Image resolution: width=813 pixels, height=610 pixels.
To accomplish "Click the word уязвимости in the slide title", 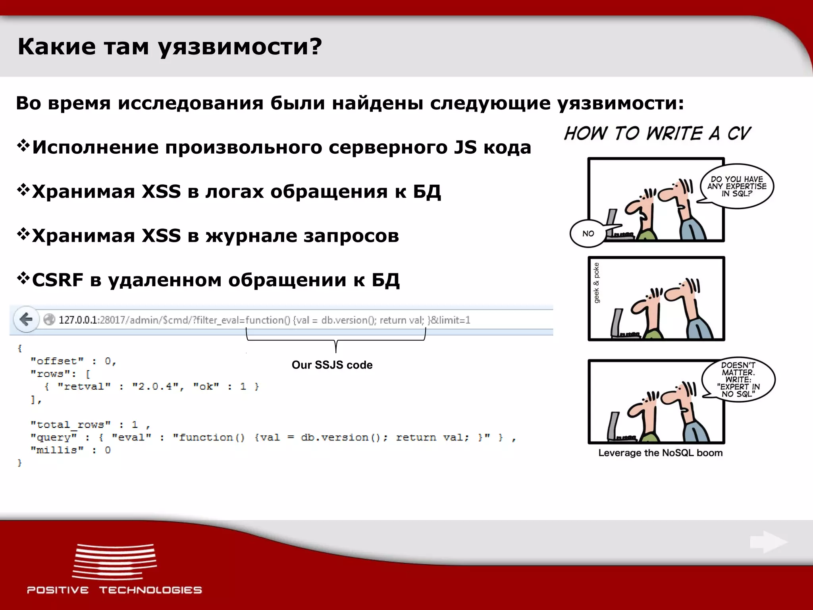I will pos(240,47).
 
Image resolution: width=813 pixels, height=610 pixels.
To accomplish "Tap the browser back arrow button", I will pos(26,319).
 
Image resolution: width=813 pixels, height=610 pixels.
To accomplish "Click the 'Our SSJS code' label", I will pos(332,365).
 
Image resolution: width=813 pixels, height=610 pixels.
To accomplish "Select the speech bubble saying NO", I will pos(588,234).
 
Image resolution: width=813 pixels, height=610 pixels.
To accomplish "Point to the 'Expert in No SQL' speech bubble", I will pos(738,379).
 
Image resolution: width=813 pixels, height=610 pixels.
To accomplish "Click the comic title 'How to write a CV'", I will pos(657,133).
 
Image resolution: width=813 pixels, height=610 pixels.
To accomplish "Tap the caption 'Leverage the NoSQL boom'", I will pos(660,453).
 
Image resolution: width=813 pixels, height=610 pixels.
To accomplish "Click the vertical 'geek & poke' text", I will pos(596,283).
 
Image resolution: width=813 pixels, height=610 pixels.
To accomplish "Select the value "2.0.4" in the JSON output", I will pos(155,386).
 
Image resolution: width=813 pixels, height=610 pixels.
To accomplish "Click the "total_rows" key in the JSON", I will pos(70,425).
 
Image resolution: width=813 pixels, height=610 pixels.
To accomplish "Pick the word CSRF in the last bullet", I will pos(58,280).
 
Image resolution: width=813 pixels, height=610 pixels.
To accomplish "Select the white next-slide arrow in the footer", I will pos(768,542).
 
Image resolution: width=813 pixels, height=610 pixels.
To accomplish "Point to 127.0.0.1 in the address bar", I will pos(78,320).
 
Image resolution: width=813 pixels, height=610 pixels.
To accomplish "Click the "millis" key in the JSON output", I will pos(57,450).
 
